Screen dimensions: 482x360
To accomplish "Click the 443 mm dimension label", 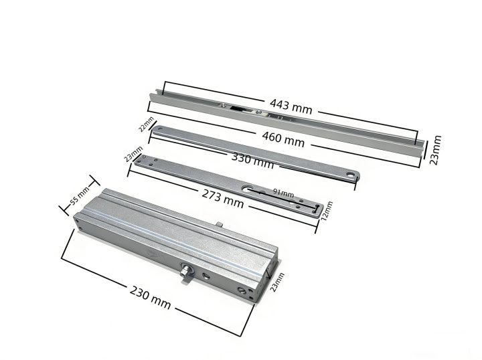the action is tap(291, 106).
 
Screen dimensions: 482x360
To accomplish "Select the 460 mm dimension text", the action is tap(283, 139).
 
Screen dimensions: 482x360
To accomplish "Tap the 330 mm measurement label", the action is tap(252, 161).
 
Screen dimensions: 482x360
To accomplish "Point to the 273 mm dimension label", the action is tap(223, 199).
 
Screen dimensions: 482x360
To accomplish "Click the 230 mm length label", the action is tap(150, 297).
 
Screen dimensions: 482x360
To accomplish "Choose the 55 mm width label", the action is tap(80, 195).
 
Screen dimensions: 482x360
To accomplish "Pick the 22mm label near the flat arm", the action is tap(146, 124).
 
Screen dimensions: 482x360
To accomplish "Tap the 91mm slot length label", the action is tap(283, 193).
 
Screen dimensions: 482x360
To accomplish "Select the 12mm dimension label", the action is tap(327, 211).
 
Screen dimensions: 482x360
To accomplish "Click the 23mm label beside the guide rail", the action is tap(435, 150).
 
